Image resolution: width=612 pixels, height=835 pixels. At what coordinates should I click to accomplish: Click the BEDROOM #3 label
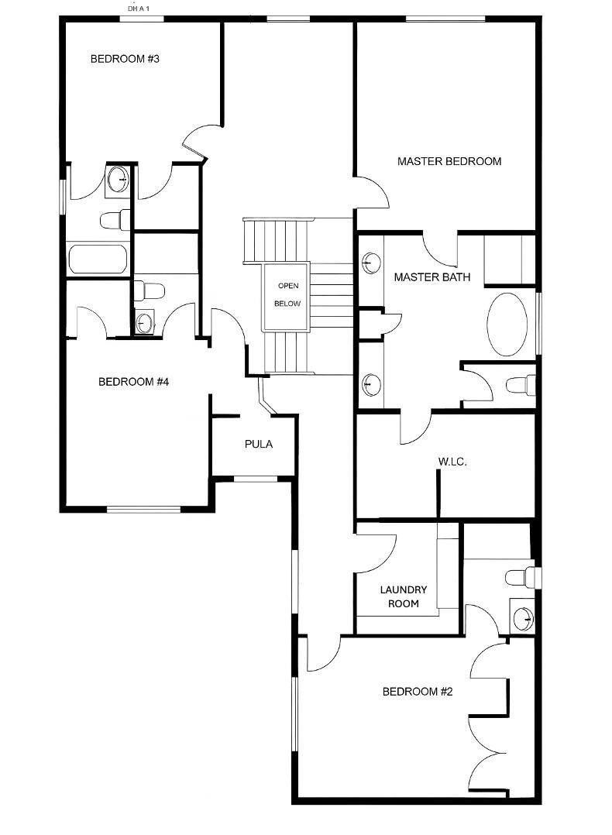pyautogui.click(x=125, y=59)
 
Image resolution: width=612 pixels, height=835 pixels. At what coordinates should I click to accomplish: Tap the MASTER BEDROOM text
pyautogui.click(x=449, y=162)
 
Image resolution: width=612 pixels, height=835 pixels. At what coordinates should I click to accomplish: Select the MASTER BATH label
pyautogui.click(x=431, y=277)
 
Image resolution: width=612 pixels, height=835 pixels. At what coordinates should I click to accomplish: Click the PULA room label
pyautogui.click(x=258, y=445)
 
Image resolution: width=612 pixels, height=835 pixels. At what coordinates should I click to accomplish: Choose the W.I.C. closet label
pyautogui.click(x=452, y=462)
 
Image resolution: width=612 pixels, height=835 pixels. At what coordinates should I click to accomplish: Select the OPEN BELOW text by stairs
pyautogui.click(x=287, y=295)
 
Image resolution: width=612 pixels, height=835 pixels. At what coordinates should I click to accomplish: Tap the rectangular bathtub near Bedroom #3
pyautogui.click(x=98, y=259)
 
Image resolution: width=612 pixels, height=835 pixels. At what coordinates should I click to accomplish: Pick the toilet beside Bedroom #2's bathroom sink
pyautogui.click(x=521, y=577)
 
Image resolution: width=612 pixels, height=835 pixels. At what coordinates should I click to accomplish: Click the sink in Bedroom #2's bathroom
pyautogui.click(x=524, y=617)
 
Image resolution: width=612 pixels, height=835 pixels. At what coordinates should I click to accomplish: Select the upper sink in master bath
pyautogui.click(x=372, y=263)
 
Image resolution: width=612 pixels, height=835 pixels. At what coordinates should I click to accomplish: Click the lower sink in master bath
pyautogui.click(x=372, y=383)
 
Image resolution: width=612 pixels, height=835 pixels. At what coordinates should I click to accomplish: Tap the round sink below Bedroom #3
pyautogui.click(x=118, y=180)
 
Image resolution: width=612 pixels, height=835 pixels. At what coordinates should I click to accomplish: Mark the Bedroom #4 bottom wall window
pyautogui.click(x=143, y=509)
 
